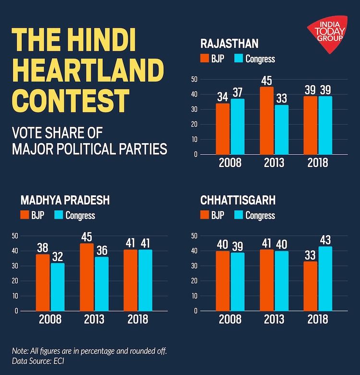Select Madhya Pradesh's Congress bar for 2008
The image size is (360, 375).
(57, 287)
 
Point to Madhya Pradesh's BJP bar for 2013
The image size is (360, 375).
(87, 277)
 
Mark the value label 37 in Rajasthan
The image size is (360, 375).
(238, 92)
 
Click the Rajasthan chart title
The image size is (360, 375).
(229, 44)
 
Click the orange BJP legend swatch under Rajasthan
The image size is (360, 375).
(205, 59)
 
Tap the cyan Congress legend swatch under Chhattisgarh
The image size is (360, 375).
(239, 215)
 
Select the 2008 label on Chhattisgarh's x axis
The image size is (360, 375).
(230, 319)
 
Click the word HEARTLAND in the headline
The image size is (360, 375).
(87, 71)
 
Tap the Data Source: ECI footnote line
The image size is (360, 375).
(38, 361)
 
